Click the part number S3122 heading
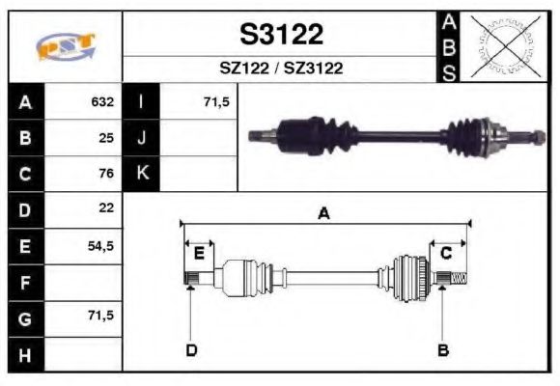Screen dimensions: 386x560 point(281,35)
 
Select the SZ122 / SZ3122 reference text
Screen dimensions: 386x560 point(281,69)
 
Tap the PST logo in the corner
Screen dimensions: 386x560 point(66,46)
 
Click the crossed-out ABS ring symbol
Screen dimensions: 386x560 point(501,45)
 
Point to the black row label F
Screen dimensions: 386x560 point(25,281)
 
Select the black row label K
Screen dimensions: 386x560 point(142,174)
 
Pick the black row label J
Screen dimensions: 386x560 point(142,138)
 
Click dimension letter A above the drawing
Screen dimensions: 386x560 point(324,214)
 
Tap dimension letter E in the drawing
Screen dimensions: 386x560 point(199,254)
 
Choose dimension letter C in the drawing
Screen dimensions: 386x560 point(446,254)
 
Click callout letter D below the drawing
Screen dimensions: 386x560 point(191,350)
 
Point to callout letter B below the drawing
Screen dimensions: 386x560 point(443,350)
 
